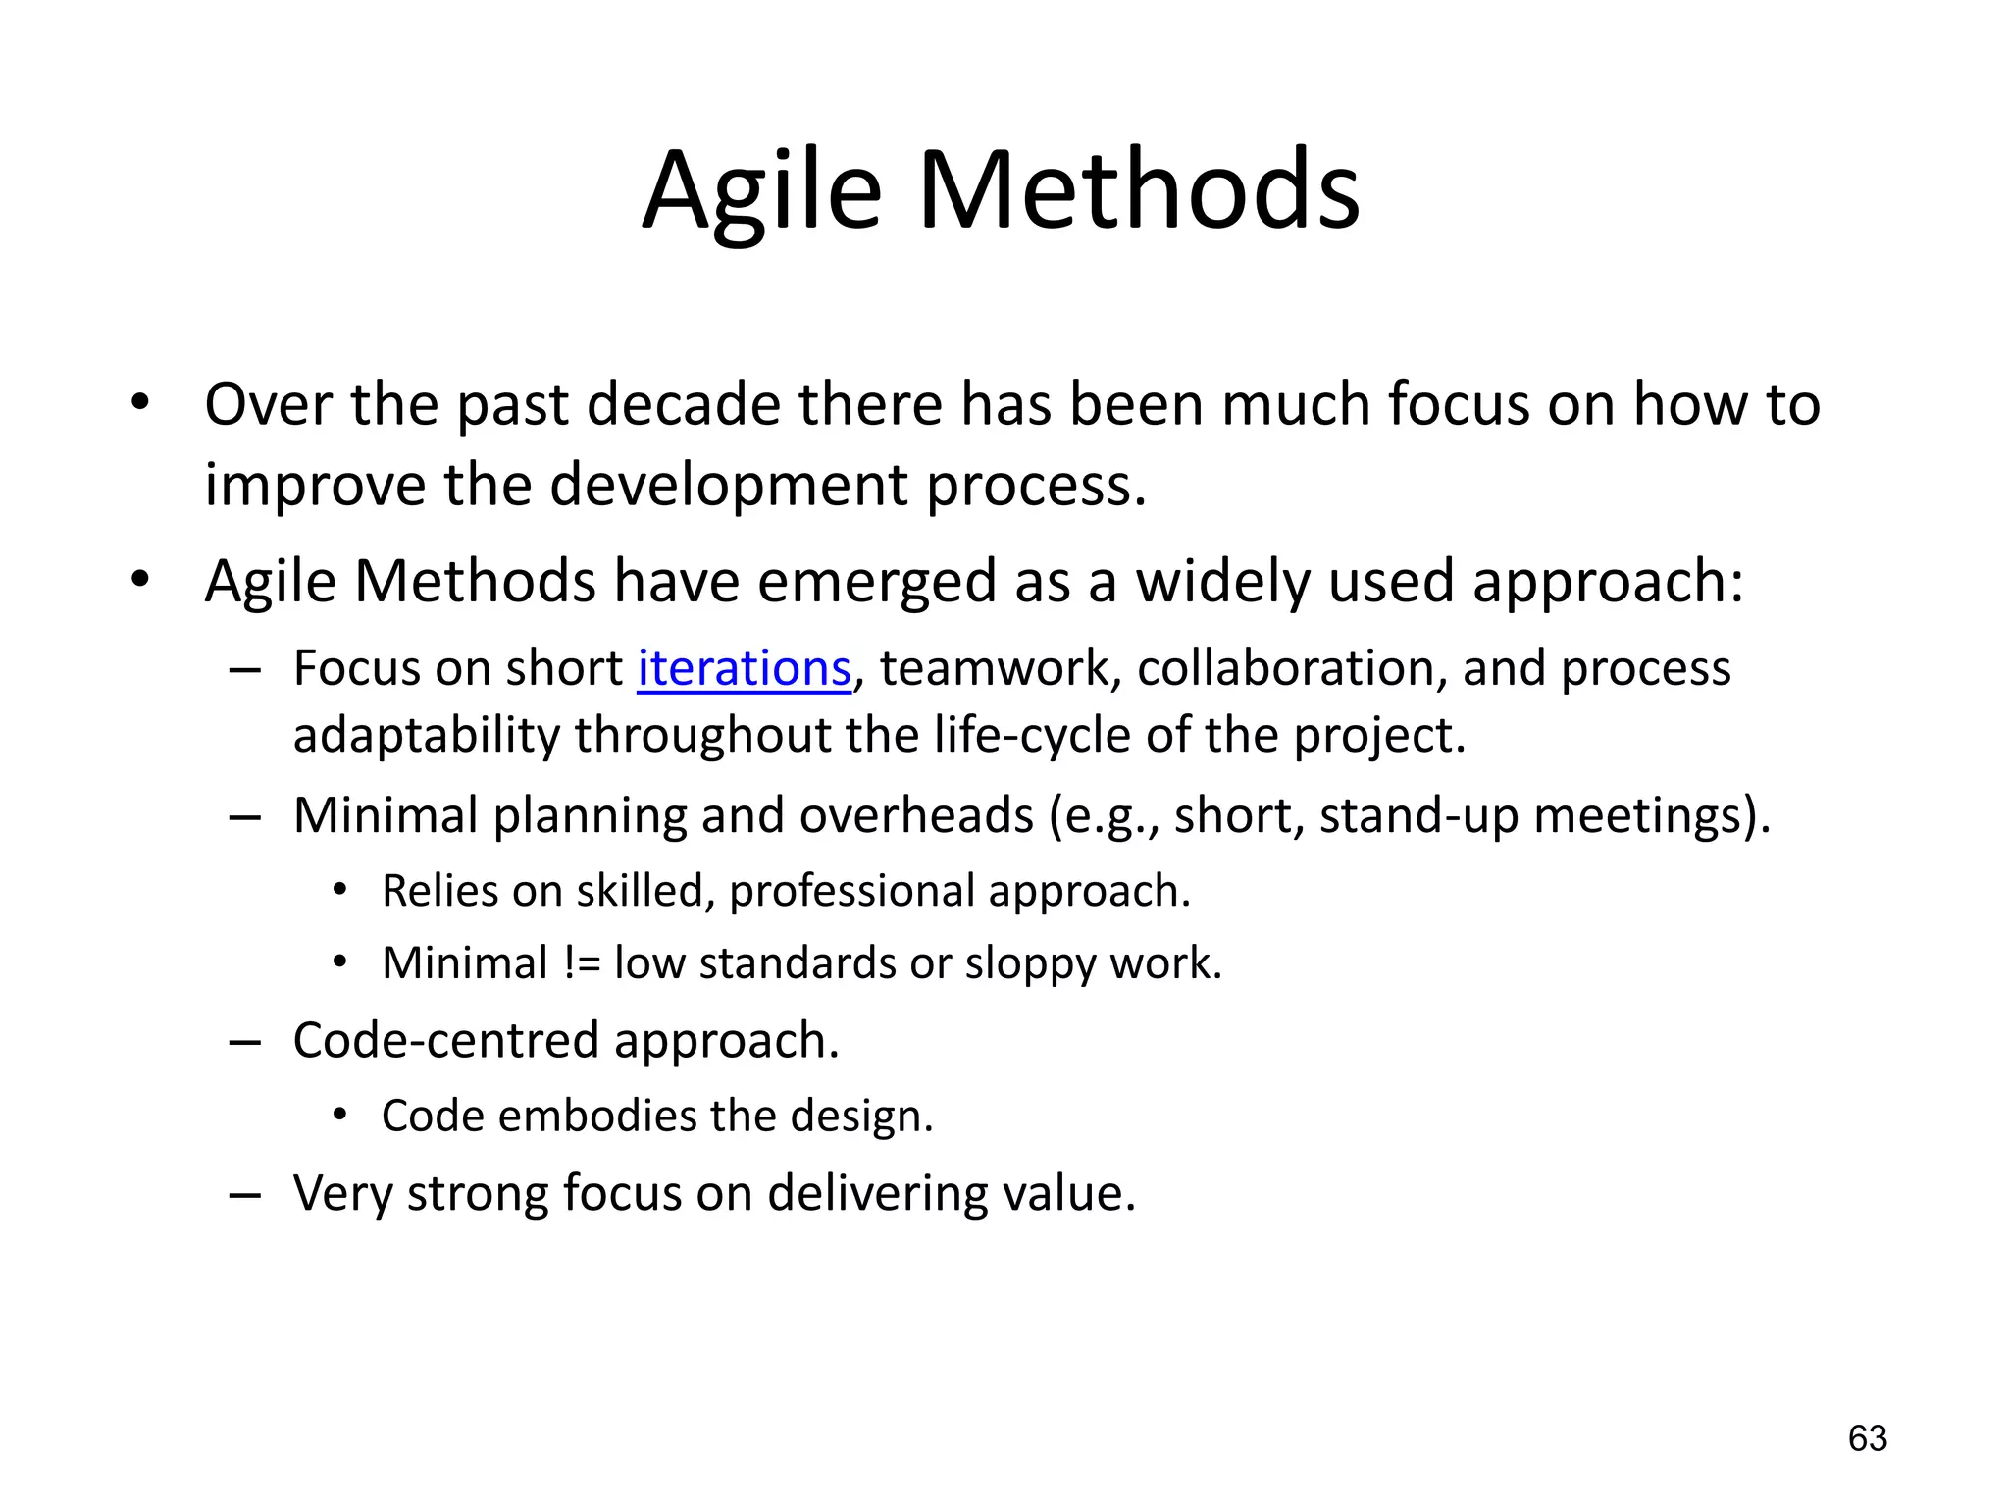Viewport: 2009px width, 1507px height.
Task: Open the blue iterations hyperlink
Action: [744, 669]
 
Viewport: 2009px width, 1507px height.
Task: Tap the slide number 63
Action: [1867, 1438]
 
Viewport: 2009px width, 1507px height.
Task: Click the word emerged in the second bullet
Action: [876, 581]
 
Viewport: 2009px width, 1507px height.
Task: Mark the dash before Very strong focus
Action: [244, 1195]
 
